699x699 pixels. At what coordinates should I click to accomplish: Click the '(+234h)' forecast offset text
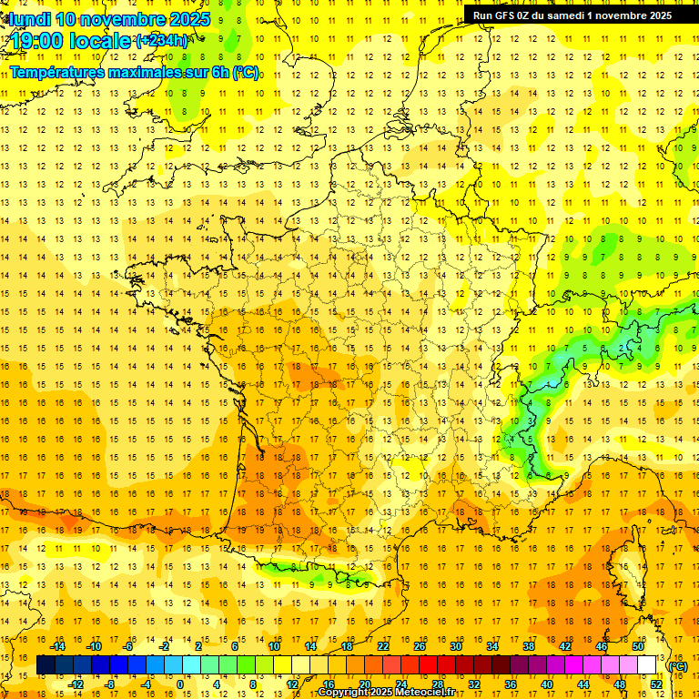click(162, 40)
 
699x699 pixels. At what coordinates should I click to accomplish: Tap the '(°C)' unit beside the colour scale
click(678, 666)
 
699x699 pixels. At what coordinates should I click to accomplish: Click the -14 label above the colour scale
click(61, 646)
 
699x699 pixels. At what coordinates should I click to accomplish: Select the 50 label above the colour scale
click(638, 646)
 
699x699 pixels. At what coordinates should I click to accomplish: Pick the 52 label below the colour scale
click(656, 684)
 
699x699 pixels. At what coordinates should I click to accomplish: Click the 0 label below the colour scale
click(179, 684)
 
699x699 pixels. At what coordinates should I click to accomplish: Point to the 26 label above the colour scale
click(420, 646)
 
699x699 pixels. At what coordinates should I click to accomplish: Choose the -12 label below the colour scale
click(76, 684)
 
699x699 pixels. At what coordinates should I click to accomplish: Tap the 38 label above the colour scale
click(529, 646)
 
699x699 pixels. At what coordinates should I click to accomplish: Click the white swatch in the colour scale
click(647, 665)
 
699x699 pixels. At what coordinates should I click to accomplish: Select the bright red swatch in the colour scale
click(429, 665)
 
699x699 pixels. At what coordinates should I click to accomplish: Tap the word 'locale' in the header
click(103, 41)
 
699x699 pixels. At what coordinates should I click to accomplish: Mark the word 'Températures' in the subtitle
click(54, 72)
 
